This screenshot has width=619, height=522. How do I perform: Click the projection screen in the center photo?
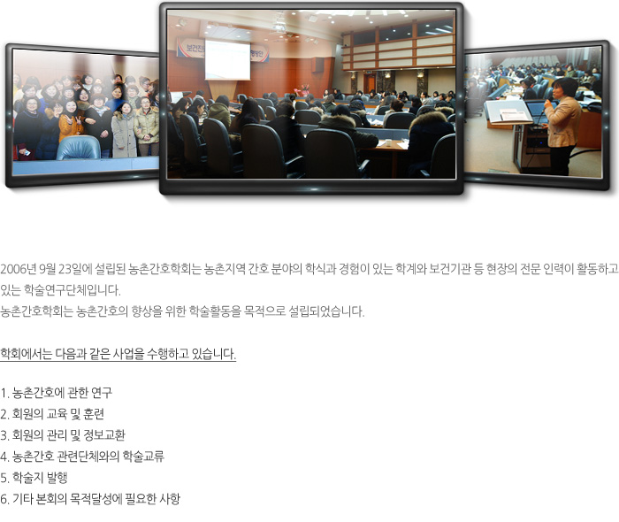pos(227,60)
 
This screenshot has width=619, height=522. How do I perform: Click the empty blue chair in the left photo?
pos(79,148)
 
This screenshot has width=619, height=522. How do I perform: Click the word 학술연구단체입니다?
pos(72,290)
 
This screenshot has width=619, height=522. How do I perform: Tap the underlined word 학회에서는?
pos(26,354)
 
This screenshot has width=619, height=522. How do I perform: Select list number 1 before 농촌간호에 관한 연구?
pos(4,394)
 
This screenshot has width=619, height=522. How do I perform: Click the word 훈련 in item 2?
pos(94,414)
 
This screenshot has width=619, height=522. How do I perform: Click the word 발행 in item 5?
pos(57,478)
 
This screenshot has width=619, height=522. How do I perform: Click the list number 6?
pos(4,500)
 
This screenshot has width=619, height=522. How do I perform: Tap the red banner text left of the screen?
pos(191,49)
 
